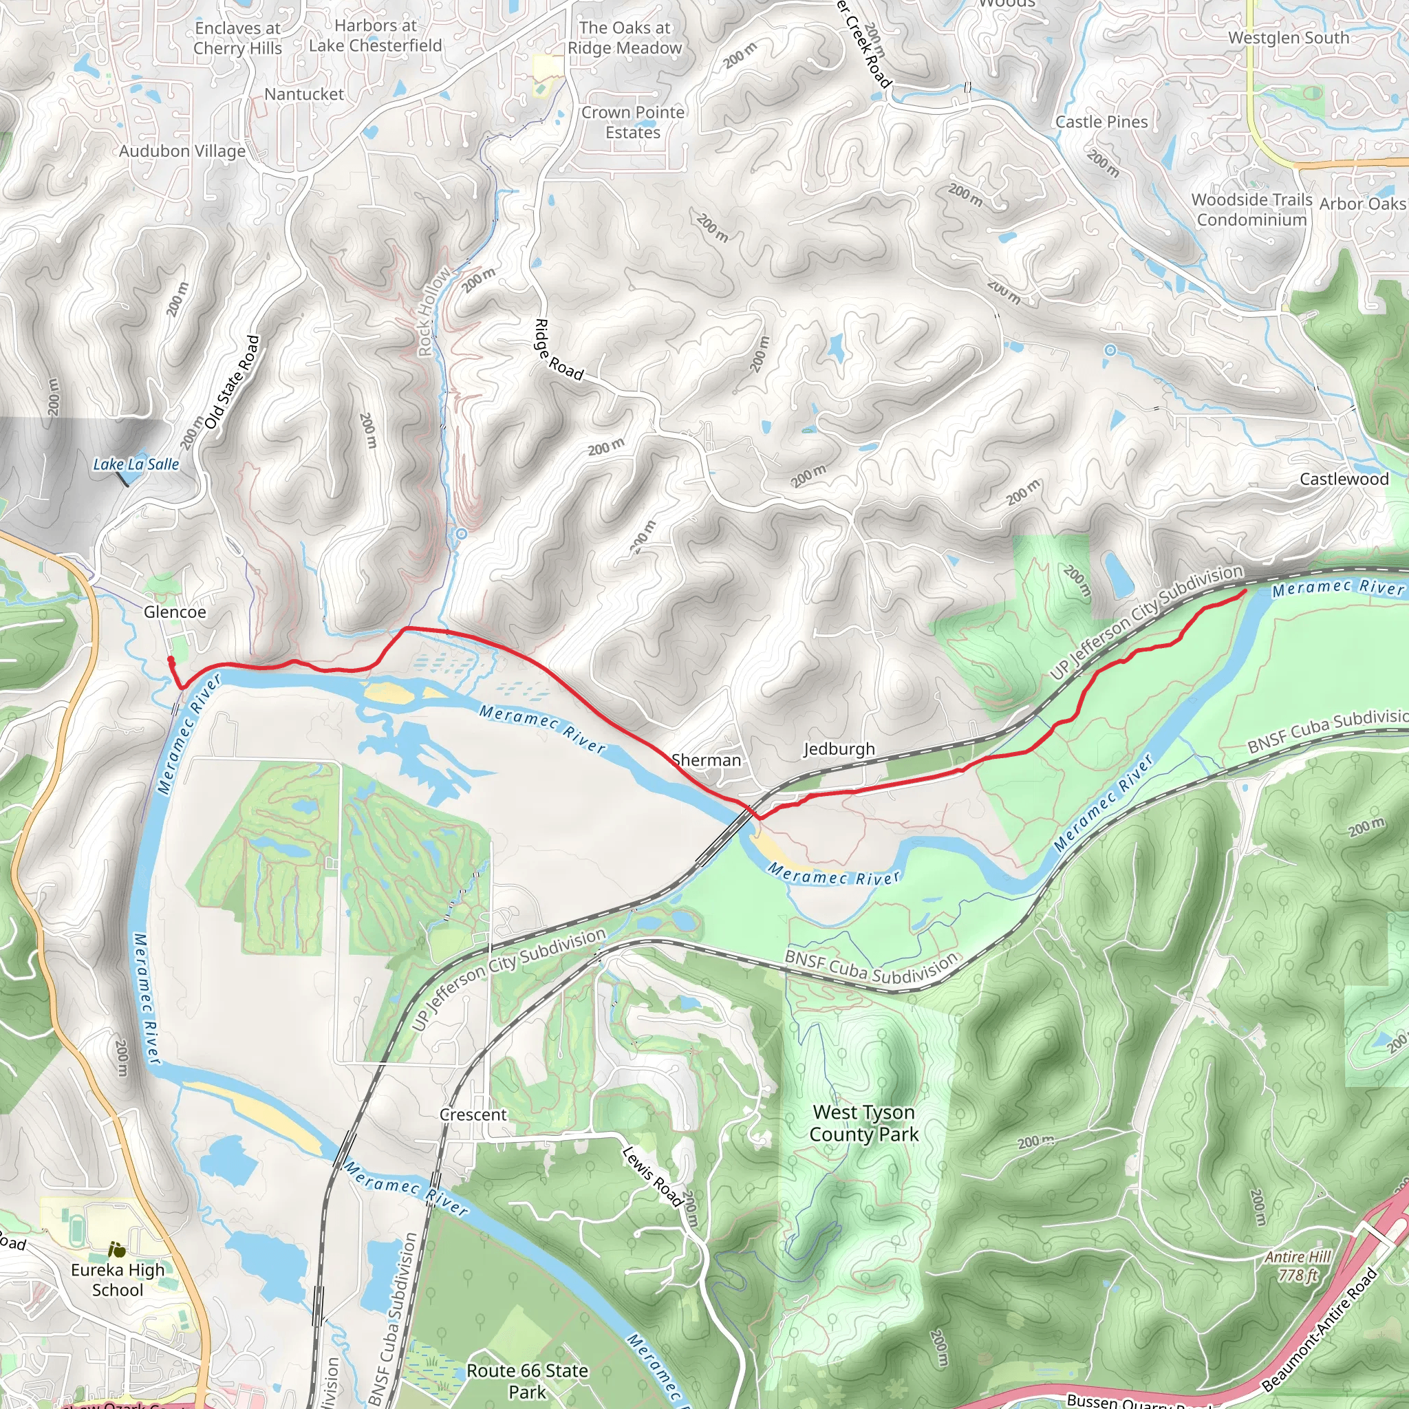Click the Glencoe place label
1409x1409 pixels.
coord(174,612)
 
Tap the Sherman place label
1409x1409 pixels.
coord(706,760)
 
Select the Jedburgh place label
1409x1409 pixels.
coord(839,749)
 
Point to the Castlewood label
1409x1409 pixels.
coord(1344,479)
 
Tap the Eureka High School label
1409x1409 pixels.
coord(118,1280)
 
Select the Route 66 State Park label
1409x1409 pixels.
coord(527,1381)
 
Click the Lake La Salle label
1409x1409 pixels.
coord(136,464)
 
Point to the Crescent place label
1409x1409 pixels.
coord(473,1115)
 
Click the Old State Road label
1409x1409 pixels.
coord(231,382)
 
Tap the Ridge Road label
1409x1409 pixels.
coord(559,351)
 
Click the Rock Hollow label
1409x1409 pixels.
coord(433,312)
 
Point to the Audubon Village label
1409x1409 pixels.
coord(182,151)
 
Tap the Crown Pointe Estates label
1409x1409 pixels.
coord(632,122)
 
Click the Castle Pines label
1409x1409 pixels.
coord(1101,122)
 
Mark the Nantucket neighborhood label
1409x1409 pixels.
coord(303,94)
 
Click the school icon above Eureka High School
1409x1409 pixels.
coord(116,1250)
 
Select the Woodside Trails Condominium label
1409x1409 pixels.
coord(1251,209)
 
